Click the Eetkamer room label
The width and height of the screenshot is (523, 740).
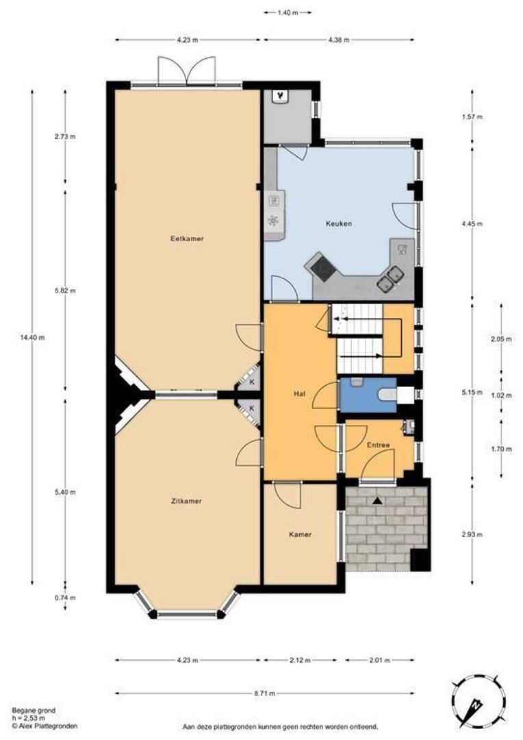[187, 239]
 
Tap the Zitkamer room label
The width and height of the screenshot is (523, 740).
[186, 501]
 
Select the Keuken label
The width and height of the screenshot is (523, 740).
[339, 223]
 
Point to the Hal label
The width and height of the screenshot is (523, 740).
[299, 393]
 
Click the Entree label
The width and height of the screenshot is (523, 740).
[379, 445]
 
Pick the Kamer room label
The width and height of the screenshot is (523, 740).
[300, 534]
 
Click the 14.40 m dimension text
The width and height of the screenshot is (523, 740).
[33, 337]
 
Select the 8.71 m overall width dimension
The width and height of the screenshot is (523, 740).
[264, 693]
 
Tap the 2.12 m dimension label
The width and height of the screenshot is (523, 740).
[300, 661]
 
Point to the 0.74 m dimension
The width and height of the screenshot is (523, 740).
[65, 597]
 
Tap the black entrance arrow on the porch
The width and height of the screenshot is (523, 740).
[377, 501]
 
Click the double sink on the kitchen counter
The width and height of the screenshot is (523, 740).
[390, 278]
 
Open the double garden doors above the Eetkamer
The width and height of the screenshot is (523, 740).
[187, 71]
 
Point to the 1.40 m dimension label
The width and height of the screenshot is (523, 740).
[288, 13]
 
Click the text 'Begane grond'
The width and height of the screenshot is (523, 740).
[34, 711]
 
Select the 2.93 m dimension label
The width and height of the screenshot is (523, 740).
[472, 534]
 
